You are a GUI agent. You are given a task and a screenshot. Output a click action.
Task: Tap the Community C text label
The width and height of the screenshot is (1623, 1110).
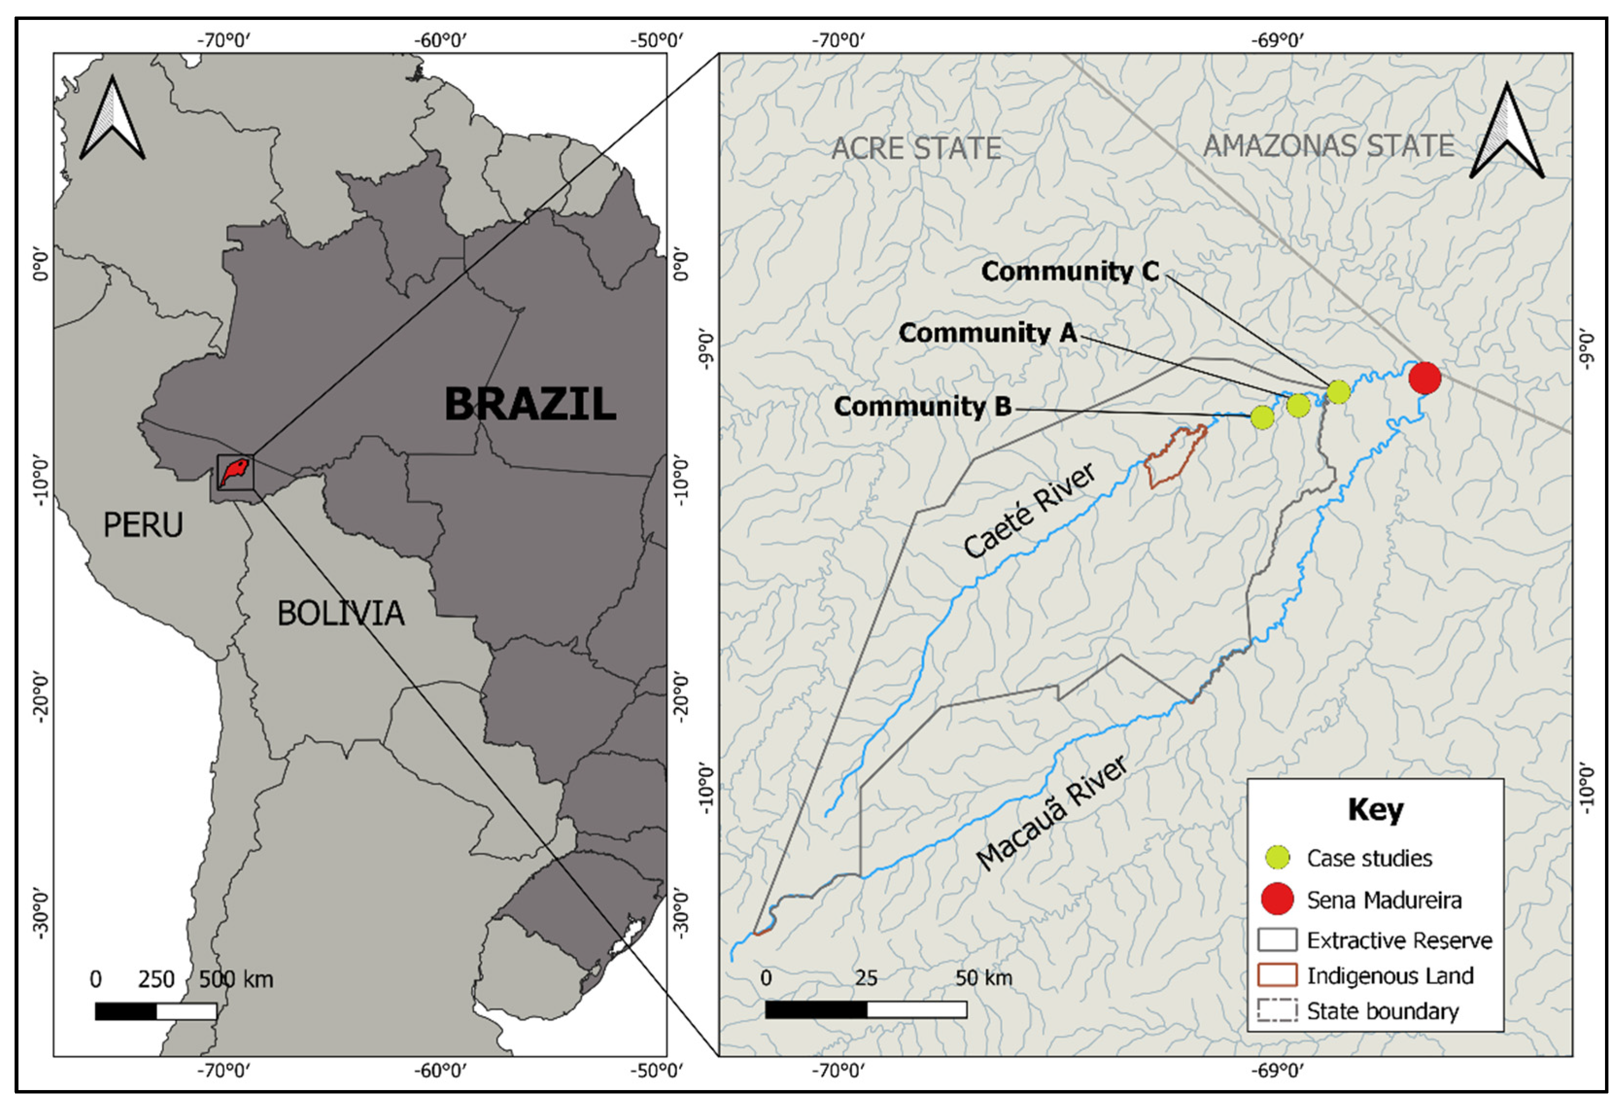[x=1070, y=272]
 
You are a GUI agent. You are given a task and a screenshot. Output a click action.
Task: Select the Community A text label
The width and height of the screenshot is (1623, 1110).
[x=988, y=333]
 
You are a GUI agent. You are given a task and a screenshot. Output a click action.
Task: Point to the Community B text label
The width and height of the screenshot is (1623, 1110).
[x=923, y=407]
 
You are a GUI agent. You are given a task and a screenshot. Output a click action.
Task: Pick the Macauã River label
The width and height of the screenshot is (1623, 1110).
[x=1052, y=814]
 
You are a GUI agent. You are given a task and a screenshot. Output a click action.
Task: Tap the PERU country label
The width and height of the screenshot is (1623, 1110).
[x=143, y=525]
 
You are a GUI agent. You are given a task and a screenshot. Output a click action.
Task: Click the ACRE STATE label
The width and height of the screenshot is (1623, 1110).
[x=916, y=149]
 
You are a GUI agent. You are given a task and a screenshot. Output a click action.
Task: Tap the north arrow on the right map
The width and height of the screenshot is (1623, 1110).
[x=1506, y=133]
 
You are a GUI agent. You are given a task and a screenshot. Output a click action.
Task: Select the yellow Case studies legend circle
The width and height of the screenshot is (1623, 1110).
[x=1277, y=858]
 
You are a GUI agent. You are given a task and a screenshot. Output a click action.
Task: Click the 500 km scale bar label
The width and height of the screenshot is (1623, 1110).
[x=236, y=979]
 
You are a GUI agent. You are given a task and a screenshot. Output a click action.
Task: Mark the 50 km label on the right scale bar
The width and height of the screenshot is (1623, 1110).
[x=983, y=978]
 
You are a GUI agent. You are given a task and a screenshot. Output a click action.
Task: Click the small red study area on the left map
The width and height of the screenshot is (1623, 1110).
[x=234, y=472]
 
